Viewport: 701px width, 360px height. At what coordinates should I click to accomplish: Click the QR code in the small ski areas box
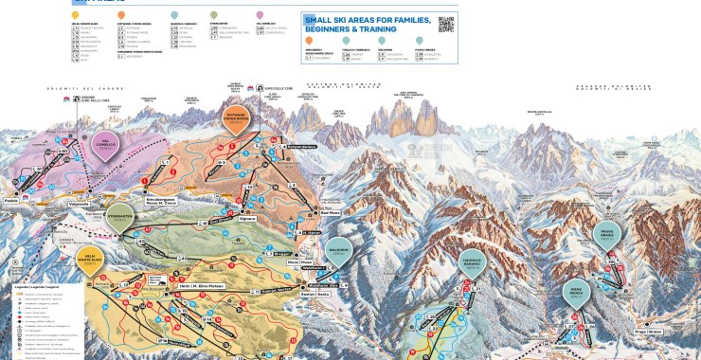447,25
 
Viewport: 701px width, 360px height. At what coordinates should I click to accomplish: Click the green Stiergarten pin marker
120,216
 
